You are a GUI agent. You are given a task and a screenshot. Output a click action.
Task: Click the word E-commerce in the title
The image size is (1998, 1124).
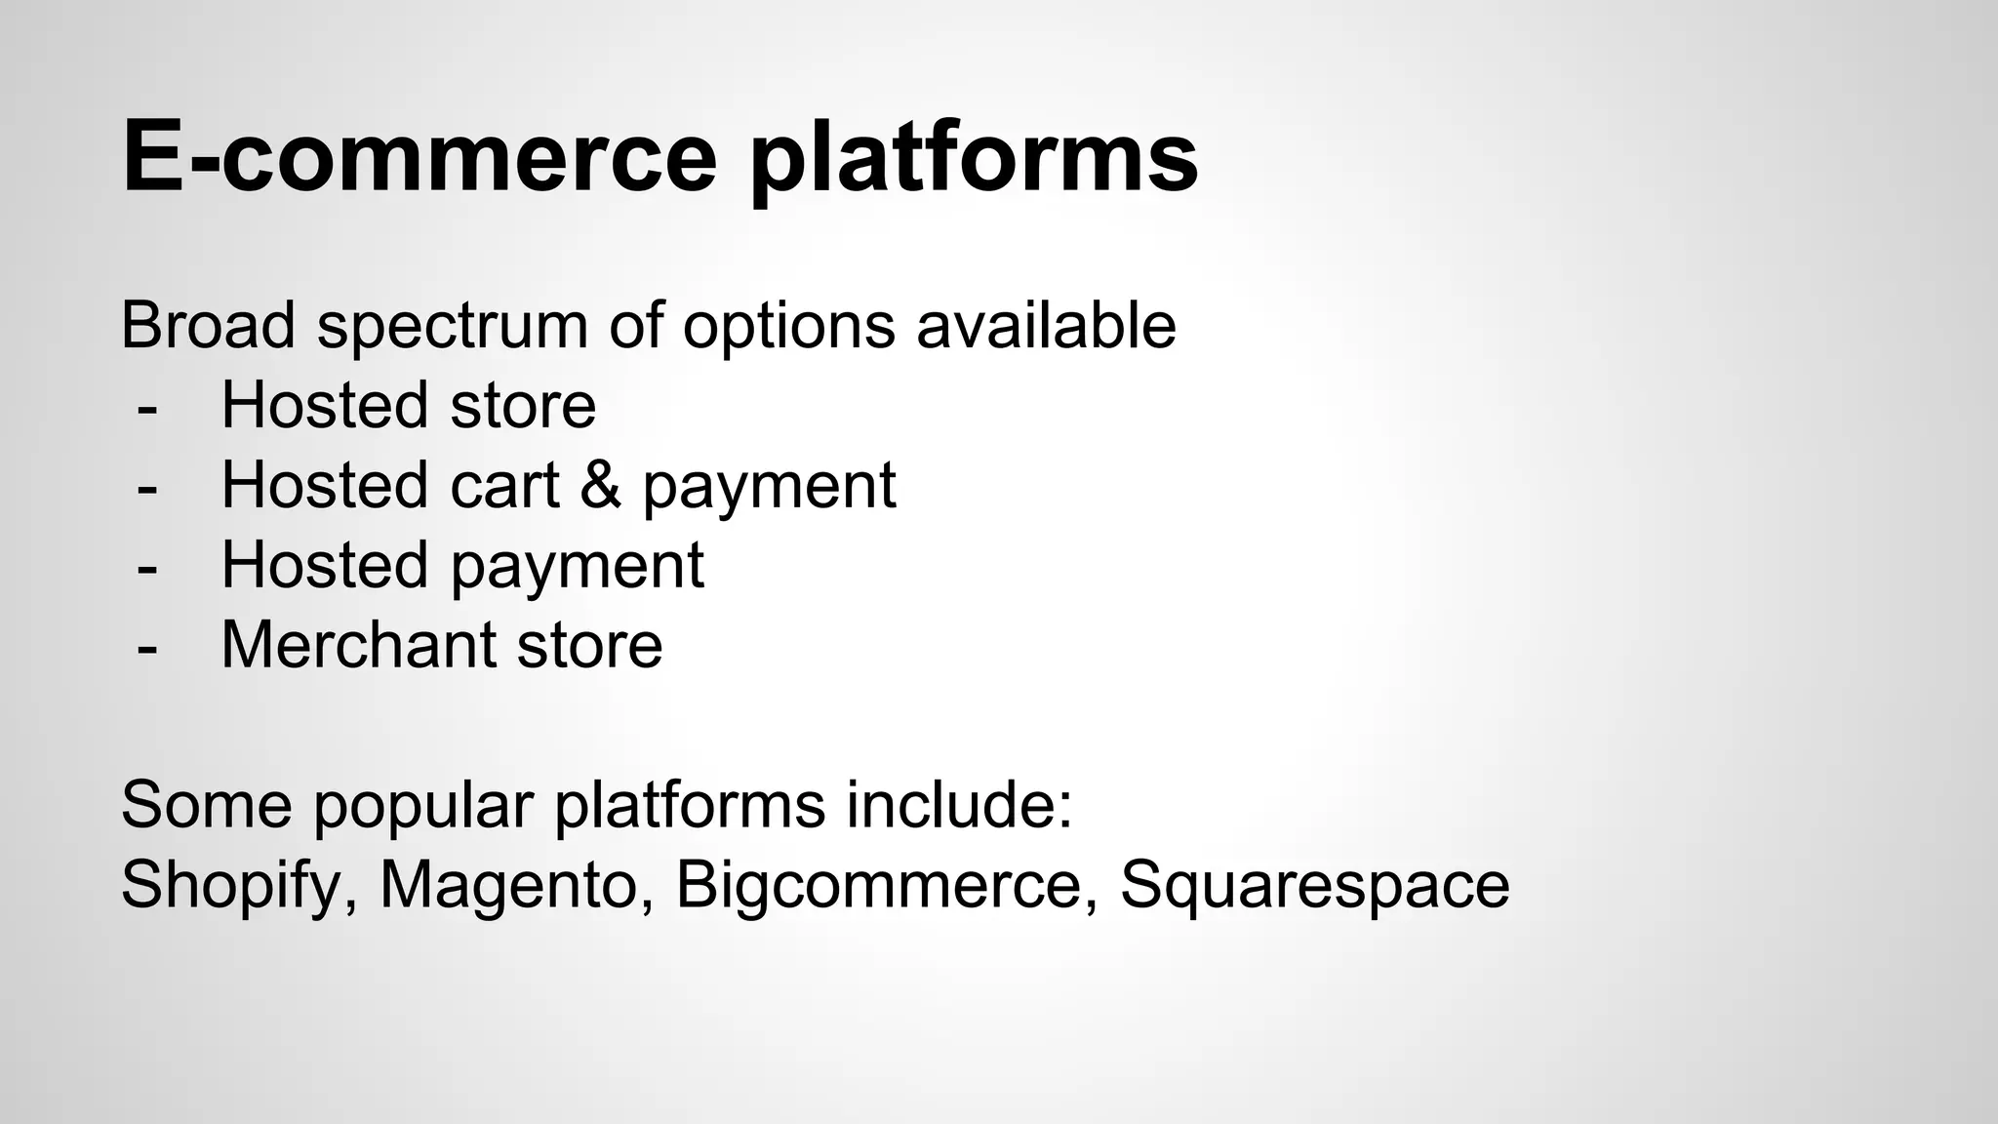[x=420, y=156]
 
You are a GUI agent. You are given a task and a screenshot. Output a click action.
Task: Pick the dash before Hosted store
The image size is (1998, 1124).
[x=147, y=407]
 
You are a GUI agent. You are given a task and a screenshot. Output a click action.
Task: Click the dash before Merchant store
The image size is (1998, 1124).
[x=147, y=647]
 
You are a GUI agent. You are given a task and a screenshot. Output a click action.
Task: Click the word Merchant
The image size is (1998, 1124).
[x=358, y=645]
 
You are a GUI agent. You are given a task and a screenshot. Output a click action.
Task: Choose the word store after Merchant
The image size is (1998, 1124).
[x=589, y=645]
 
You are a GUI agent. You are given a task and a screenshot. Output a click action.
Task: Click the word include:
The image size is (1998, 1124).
[x=959, y=805]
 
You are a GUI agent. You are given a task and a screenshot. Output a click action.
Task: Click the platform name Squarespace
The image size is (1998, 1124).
[x=1314, y=887]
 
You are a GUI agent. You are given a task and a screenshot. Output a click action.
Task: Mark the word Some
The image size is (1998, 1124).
[x=206, y=805]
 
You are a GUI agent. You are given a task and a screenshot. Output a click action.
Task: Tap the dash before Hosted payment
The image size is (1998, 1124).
[x=147, y=567]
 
